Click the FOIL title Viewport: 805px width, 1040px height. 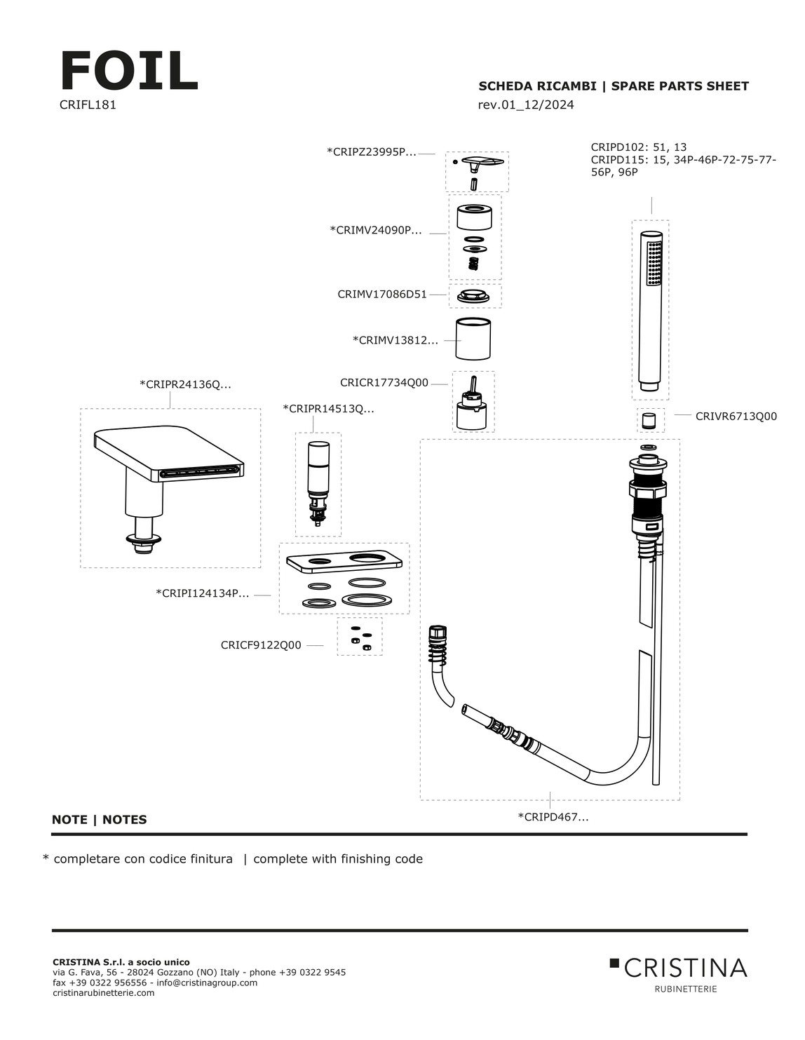(x=130, y=71)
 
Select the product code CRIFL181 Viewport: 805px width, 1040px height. (x=88, y=105)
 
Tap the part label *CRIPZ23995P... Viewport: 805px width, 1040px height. (x=372, y=151)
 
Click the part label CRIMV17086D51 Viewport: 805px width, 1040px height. (x=382, y=295)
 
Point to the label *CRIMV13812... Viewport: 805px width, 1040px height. (x=395, y=341)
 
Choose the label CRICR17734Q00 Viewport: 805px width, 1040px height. (x=384, y=383)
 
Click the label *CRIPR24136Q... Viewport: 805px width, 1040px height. (x=185, y=384)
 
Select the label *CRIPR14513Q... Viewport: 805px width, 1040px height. (x=328, y=409)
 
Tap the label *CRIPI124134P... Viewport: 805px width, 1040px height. (x=202, y=594)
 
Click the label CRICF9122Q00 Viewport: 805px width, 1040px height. (x=261, y=645)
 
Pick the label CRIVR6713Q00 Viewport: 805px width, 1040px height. (x=736, y=416)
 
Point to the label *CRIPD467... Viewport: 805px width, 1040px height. (x=553, y=817)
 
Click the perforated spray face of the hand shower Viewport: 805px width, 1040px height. (x=654, y=263)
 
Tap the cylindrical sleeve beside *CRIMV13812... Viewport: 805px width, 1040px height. (x=473, y=339)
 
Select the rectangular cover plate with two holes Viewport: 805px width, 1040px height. (x=344, y=561)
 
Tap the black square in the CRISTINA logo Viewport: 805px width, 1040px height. (x=614, y=963)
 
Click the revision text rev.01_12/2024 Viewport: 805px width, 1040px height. (x=526, y=105)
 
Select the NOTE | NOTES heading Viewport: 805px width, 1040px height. (x=100, y=820)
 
